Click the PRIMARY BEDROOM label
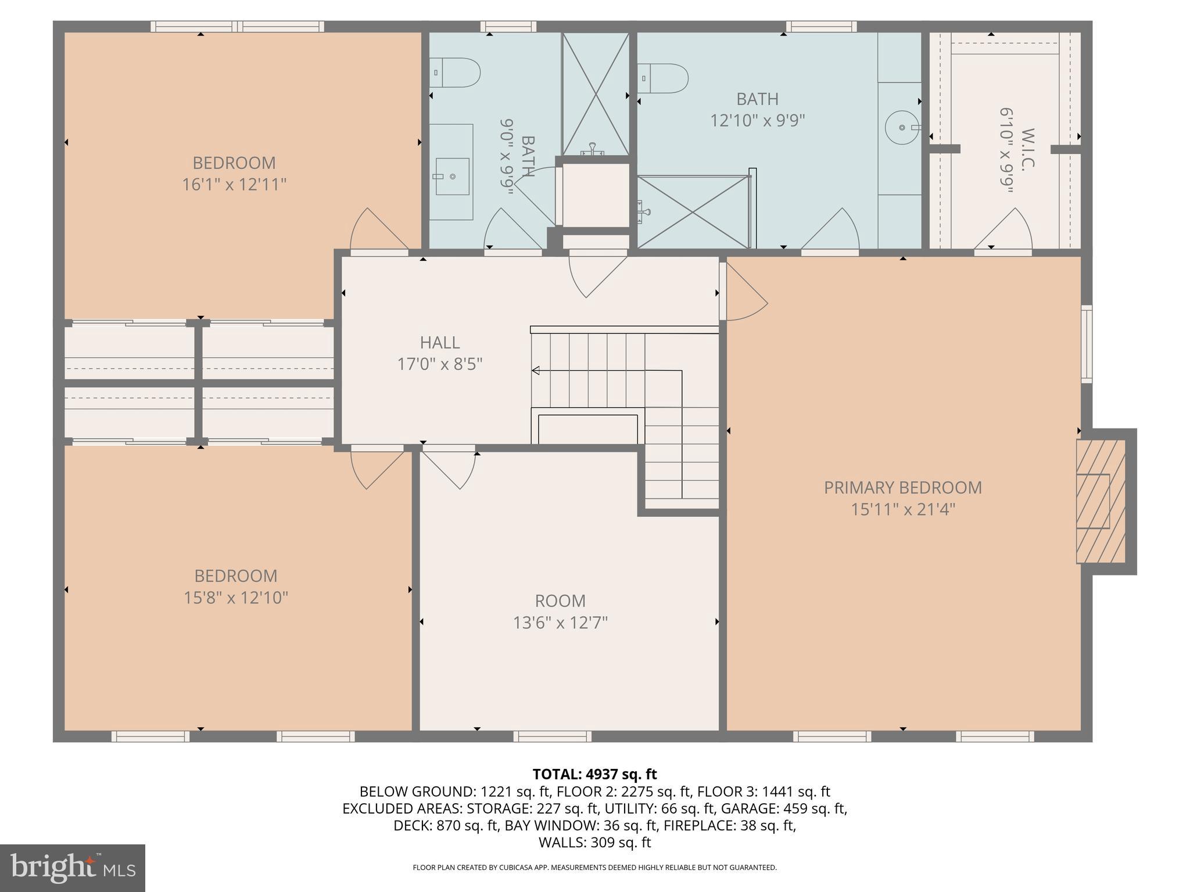(902, 487)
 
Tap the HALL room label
(440, 343)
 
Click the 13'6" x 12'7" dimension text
(560, 623)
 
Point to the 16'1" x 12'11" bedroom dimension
(234, 185)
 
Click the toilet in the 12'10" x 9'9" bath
(664, 78)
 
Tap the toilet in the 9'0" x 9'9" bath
(456, 73)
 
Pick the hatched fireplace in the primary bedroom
(1101, 501)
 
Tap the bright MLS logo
(72, 868)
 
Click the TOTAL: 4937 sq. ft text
(594, 774)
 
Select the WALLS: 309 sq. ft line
(594, 843)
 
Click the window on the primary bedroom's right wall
(1086, 344)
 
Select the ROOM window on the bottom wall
(552, 736)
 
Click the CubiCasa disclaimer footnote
(594, 868)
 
